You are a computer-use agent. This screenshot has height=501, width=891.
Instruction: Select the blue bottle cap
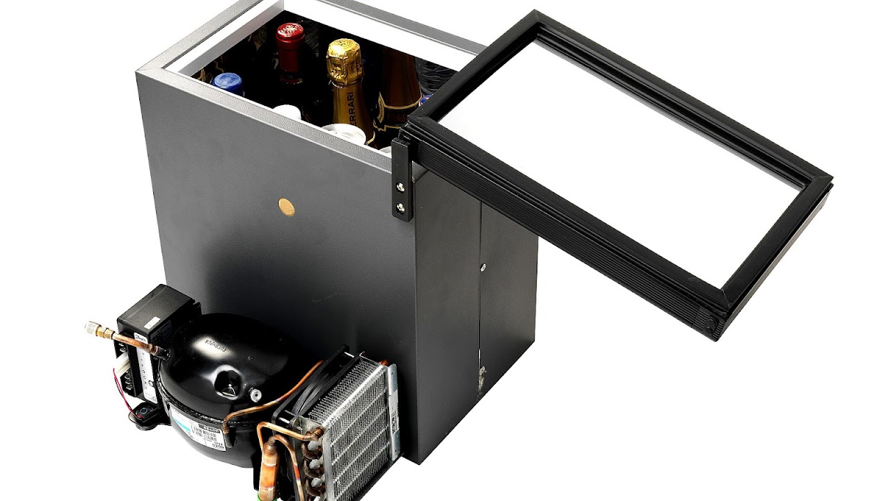[x=228, y=83]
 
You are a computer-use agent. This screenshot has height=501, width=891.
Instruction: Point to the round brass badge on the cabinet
[x=286, y=207]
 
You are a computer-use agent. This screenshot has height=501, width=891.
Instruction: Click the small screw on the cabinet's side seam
[x=483, y=267]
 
